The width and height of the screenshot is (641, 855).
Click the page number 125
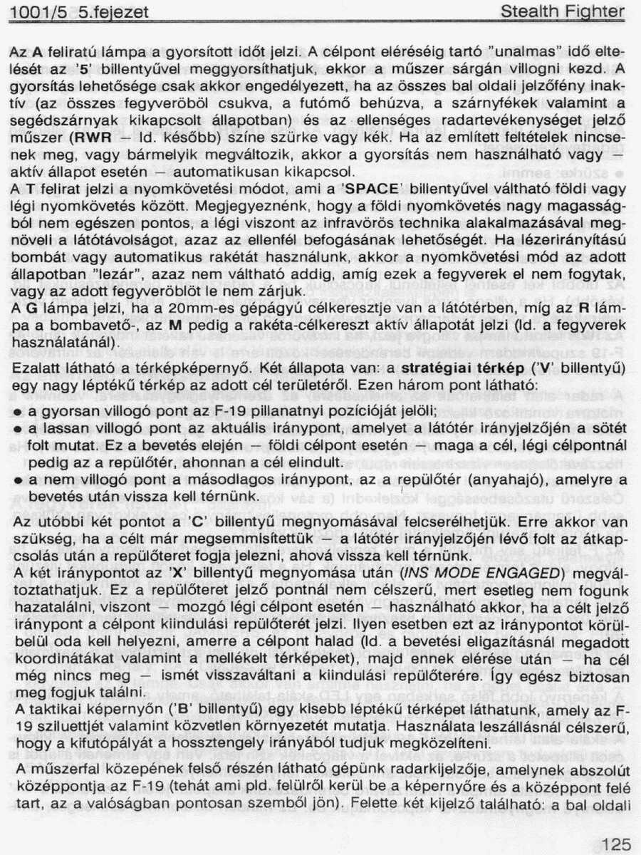616,844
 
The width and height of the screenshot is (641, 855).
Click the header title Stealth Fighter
562,12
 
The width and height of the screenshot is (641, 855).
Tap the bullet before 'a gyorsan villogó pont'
16,413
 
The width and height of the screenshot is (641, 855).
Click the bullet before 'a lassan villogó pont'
16,430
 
